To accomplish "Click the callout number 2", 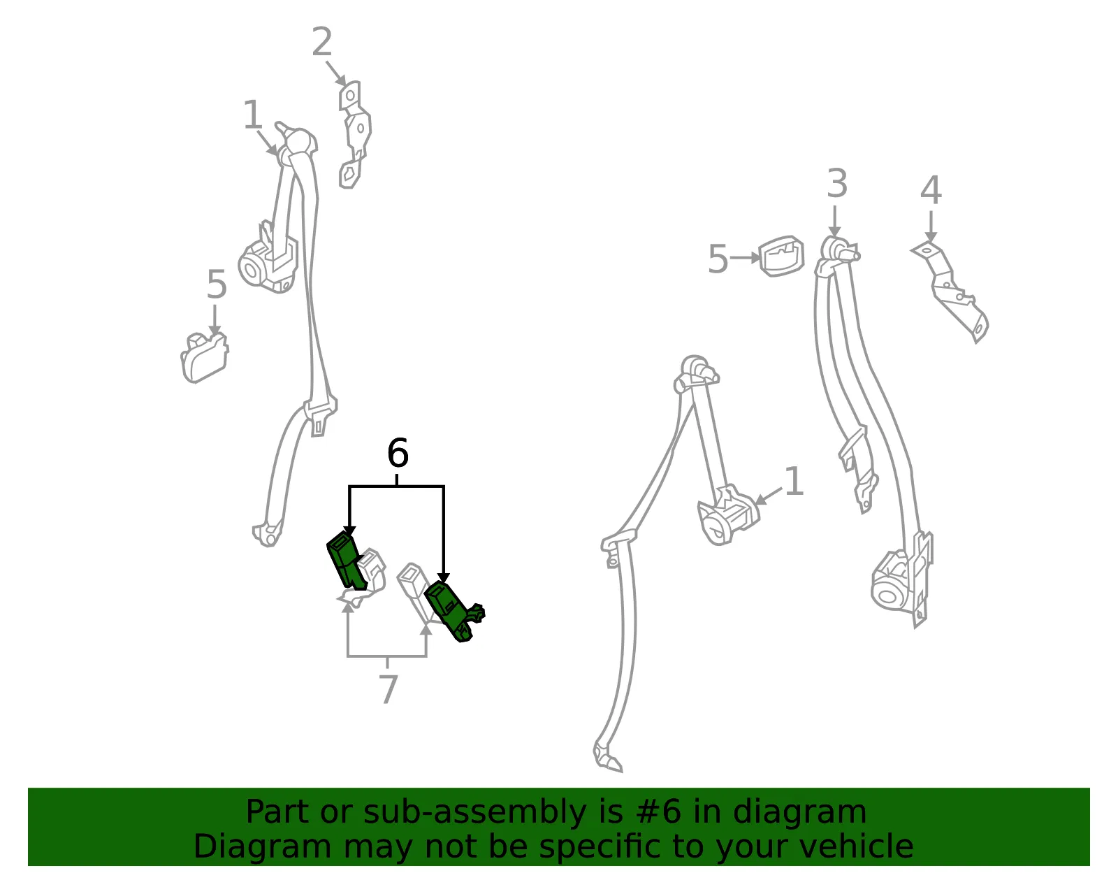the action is [322, 42].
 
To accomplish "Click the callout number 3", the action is [837, 184].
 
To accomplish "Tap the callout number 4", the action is [931, 190].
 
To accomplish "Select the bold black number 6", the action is [398, 453].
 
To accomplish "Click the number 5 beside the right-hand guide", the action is [718, 259].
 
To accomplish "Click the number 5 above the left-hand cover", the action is [217, 284].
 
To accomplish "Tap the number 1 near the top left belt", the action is [253, 114].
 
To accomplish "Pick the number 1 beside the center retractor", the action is [794, 482].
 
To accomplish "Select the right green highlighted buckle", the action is [453, 611].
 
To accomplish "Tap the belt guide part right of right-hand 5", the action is [781, 257].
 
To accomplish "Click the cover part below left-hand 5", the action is [204, 358].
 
